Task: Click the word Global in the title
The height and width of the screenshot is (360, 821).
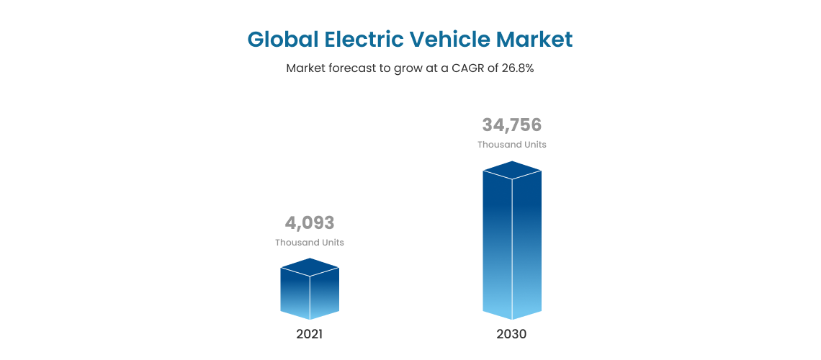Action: pyautogui.click(x=283, y=39)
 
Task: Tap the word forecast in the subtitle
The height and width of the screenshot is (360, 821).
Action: pyautogui.click(x=349, y=69)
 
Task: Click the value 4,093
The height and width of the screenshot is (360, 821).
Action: pyautogui.click(x=310, y=223)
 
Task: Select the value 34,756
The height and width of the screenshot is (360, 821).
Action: pyautogui.click(x=511, y=125)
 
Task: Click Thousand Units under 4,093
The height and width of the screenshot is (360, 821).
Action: pyautogui.click(x=310, y=243)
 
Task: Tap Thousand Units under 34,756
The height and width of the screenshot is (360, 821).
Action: pyautogui.click(x=511, y=145)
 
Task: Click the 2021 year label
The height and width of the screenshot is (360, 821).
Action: pyautogui.click(x=310, y=334)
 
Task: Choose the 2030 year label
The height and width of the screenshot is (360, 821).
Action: pyautogui.click(x=511, y=334)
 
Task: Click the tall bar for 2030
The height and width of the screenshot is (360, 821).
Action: pyautogui.click(x=511, y=245)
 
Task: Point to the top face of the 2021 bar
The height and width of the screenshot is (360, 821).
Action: pyautogui.click(x=310, y=267)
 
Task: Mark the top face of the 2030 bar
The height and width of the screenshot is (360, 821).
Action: pyautogui.click(x=511, y=170)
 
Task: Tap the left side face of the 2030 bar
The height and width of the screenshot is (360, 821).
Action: pyautogui.click(x=497, y=245)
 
